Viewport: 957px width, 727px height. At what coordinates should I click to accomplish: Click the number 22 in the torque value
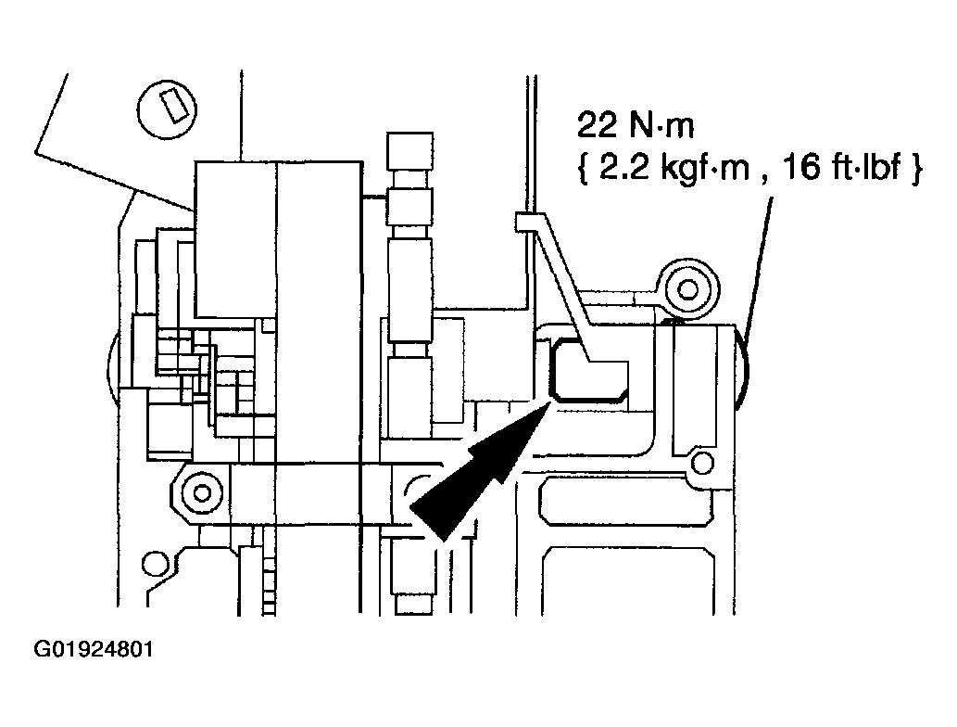point(596,126)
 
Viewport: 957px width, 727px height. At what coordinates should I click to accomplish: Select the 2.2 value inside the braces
point(616,172)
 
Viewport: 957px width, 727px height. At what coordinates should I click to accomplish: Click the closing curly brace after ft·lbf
point(916,173)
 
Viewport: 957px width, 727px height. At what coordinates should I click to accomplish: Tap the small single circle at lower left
point(155,565)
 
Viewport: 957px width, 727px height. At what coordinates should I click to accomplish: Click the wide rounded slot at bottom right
point(629,506)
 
